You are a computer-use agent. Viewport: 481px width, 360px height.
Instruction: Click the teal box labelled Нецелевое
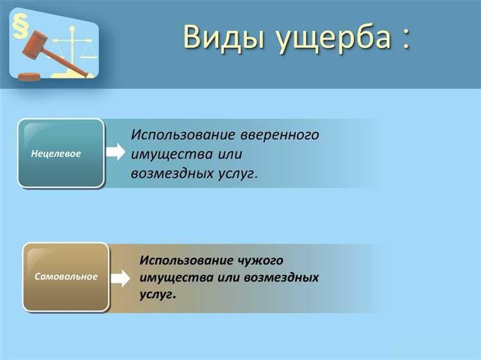click(x=60, y=153)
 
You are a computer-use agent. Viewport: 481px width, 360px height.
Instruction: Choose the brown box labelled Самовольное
click(x=65, y=277)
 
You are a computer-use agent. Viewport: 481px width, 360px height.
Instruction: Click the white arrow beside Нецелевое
click(x=115, y=152)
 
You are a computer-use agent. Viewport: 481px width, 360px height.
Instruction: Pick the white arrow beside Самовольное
click(x=120, y=278)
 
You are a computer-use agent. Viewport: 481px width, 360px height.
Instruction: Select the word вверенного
click(x=280, y=135)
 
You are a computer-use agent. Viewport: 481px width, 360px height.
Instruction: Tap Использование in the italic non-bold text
click(x=183, y=135)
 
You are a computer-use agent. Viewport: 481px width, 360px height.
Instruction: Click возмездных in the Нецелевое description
click(x=168, y=173)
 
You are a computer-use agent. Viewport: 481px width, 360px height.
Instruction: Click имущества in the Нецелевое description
click(x=171, y=155)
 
